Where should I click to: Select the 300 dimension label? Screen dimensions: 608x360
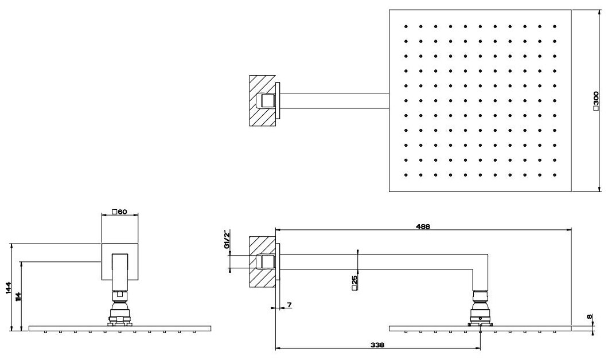click(x=596, y=100)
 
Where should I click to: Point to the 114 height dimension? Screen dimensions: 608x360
click(x=19, y=296)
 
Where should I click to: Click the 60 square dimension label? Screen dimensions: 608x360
click(x=119, y=212)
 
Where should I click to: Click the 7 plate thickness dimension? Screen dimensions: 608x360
click(x=289, y=305)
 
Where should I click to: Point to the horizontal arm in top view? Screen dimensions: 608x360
click(x=333, y=101)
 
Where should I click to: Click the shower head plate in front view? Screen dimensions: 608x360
click(x=119, y=328)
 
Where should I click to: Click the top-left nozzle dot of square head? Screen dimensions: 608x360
click(x=406, y=26)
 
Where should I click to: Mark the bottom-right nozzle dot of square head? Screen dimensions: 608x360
click(x=555, y=174)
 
